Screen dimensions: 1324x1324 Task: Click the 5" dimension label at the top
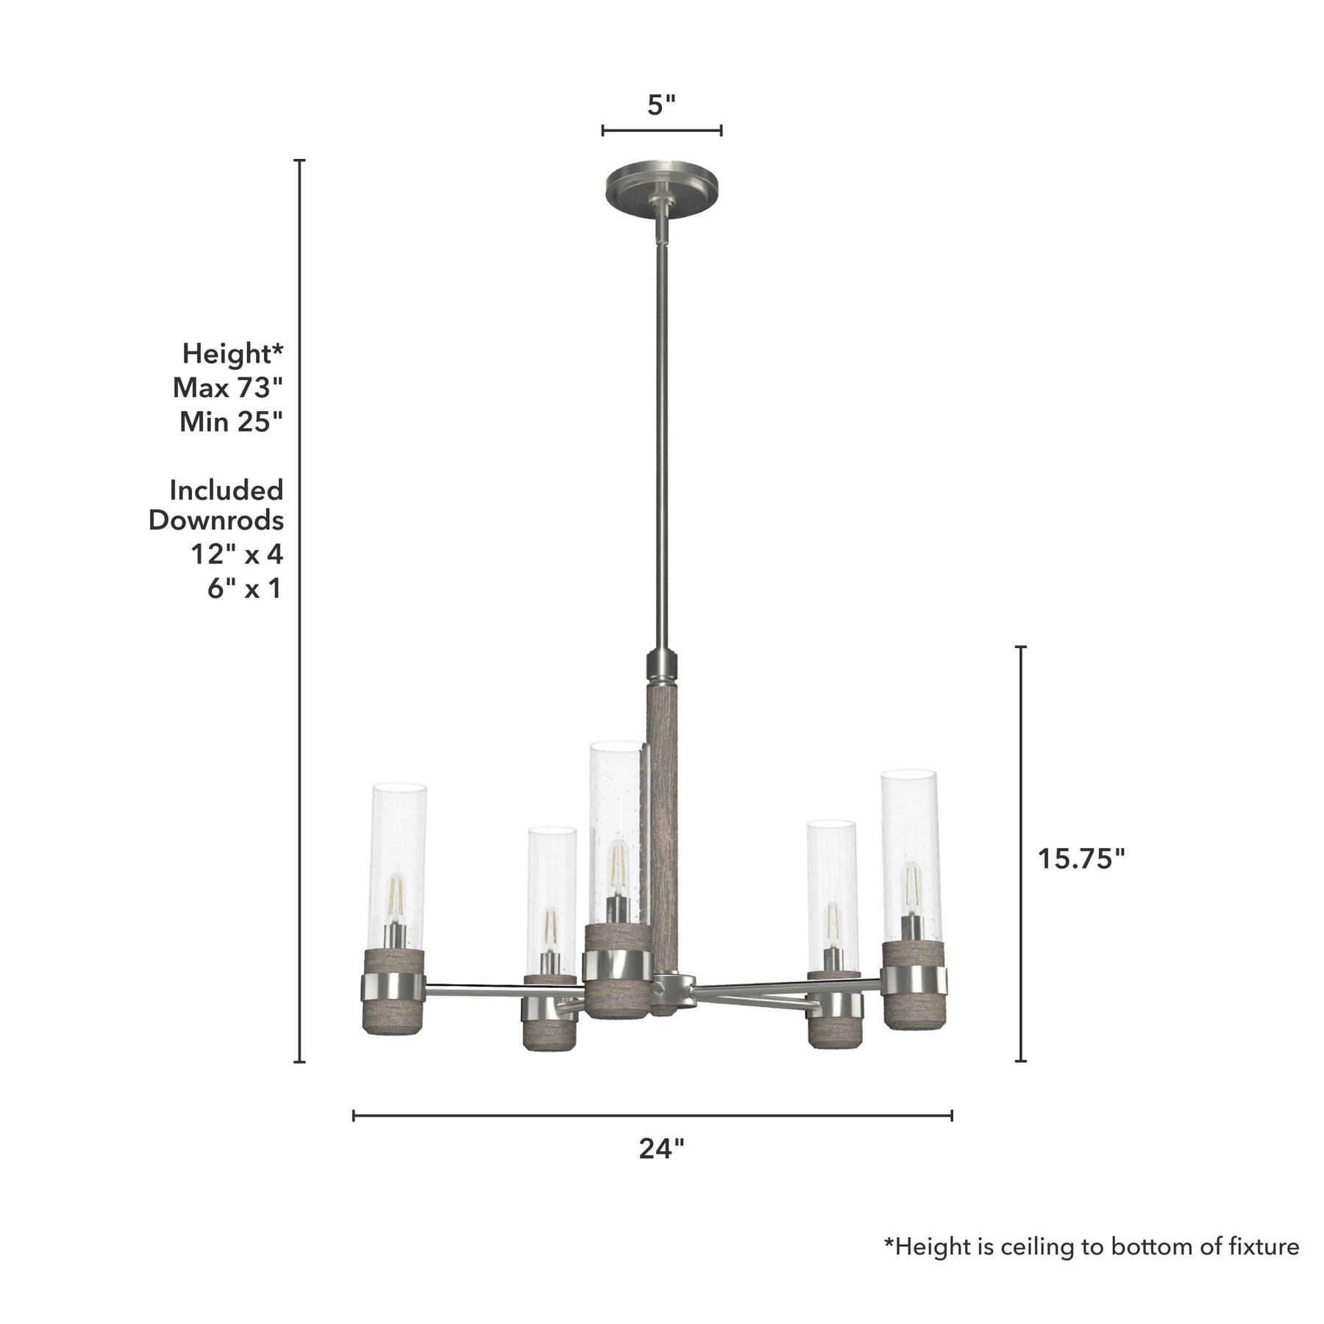[661, 105]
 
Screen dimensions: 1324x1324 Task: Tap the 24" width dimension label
[661, 1148]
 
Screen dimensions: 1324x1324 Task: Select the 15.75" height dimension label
[1081, 858]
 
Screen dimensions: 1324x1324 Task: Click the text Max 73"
[228, 388]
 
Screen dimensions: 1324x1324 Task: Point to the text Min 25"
[232, 421]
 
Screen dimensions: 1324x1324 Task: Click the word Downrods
[216, 520]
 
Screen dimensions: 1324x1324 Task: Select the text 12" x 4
[237, 554]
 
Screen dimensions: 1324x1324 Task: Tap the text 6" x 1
[245, 588]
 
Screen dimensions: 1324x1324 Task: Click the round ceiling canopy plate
[661, 188]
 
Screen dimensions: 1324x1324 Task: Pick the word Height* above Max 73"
[232, 354]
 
